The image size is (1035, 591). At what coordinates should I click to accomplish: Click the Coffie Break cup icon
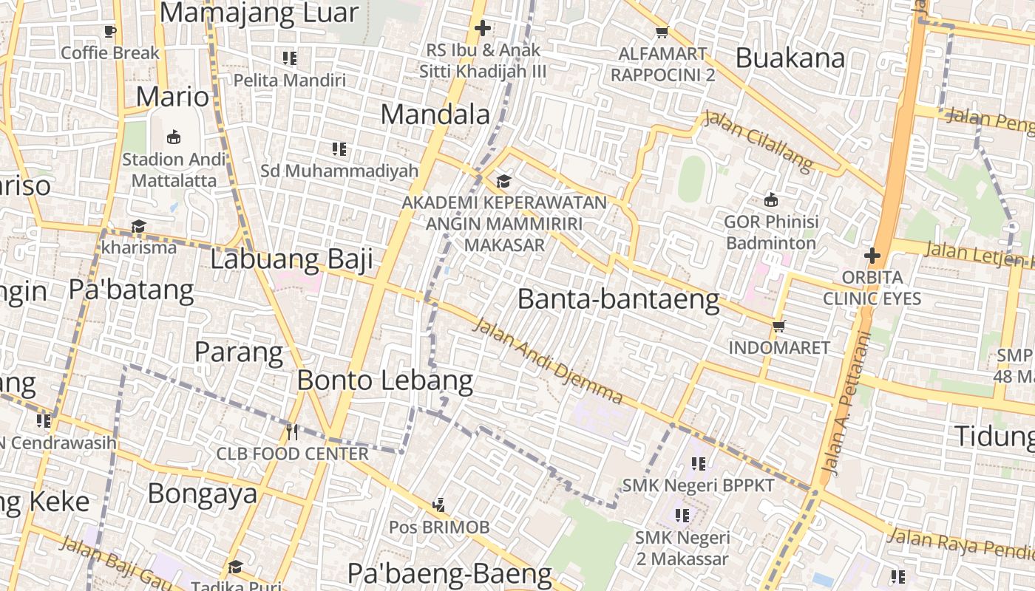pos(110,31)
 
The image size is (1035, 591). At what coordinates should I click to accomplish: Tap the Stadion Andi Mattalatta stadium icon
pos(174,137)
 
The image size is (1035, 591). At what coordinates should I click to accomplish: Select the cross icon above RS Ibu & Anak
pos(483,29)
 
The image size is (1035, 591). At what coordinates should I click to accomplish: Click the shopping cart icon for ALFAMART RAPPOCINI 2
pos(662,32)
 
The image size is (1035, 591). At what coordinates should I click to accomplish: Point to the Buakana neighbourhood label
pos(790,58)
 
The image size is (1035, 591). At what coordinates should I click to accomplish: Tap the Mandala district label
pos(435,115)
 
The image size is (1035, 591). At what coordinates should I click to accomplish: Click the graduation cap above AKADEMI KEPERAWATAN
pos(503,181)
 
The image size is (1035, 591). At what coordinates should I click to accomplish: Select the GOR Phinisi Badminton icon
pos(771,199)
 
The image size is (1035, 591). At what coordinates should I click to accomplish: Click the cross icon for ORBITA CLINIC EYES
pos(872,256)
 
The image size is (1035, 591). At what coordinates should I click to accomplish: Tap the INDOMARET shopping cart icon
pos(778,326)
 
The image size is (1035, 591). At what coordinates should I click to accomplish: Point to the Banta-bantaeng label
pos(618,299)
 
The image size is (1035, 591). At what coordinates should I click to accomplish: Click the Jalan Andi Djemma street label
pos(548,361)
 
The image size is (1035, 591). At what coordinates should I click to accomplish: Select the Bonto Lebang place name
pos(384,380)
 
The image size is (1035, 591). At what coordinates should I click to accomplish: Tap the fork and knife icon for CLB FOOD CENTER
pos(292,432)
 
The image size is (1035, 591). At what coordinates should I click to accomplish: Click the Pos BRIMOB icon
pos(439,505)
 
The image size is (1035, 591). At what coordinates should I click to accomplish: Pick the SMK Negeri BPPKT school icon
pos(698,464)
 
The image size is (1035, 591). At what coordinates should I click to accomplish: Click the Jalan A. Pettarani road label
pos(846,403)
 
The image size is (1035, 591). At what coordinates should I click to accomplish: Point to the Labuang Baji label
pos(291,259)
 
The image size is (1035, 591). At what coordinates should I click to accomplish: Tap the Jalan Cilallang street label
pos(758,141)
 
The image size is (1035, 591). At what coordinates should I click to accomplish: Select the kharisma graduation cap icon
pos(138,226)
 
